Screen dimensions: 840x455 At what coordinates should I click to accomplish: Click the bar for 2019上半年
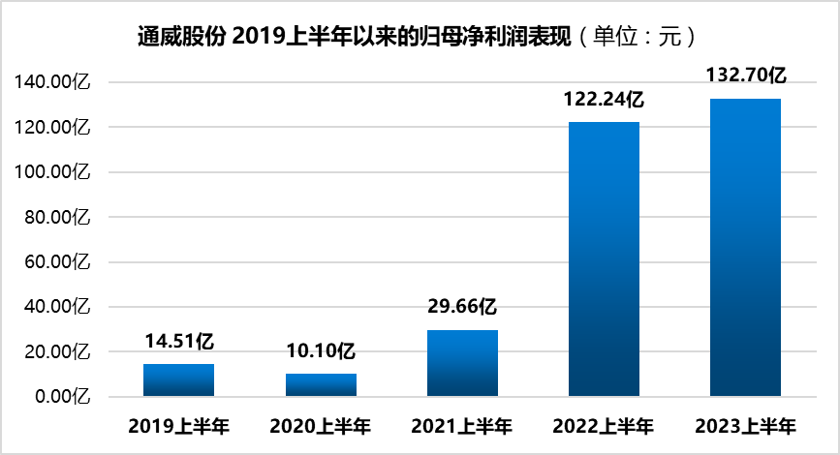[178, 380]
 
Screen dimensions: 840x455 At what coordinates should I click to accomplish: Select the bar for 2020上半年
[321, 385]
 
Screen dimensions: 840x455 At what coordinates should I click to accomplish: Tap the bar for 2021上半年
[462, 363]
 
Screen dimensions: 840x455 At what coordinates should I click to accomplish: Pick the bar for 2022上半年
[604, 259]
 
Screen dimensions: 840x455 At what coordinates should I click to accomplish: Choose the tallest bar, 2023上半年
[745, 247]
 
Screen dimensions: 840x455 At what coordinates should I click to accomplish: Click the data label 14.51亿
[179, 342]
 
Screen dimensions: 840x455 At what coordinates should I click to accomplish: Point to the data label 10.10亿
[321, 351]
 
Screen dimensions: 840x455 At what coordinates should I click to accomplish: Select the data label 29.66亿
[462, 307]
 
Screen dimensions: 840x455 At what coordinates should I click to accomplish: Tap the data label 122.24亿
[604, 100]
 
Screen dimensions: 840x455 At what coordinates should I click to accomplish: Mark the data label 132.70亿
[746, 75]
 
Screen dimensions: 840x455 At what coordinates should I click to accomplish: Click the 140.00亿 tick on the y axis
[52, 82]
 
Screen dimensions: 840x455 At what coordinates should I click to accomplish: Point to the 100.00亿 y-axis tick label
[52, 171]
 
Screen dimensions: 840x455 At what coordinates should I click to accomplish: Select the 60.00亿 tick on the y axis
[57, 261]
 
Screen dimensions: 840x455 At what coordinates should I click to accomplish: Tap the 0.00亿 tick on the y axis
[63, 397]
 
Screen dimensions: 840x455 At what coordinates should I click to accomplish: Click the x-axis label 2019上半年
[179, 427]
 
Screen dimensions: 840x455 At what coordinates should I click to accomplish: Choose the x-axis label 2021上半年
[462, 427]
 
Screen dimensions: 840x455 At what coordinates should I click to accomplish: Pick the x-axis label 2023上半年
[746, 427]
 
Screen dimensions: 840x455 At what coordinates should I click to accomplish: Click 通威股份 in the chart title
[181, 37]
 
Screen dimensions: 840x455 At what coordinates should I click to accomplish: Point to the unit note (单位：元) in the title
[637, 37]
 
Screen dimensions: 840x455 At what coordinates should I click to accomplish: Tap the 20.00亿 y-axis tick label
[57, 351]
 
